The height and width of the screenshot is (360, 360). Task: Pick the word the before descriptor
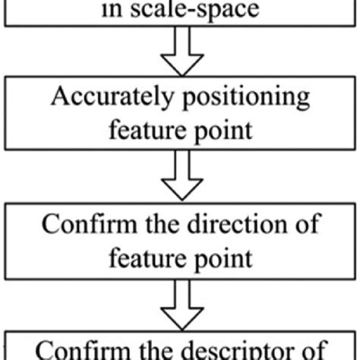155,351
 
